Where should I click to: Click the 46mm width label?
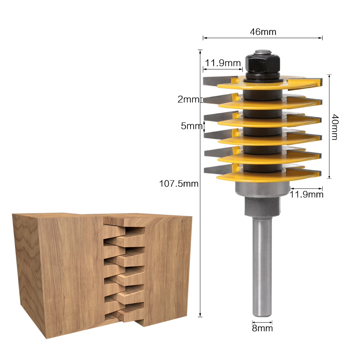point(263,32)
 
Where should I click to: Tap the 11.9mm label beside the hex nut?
point(223,63)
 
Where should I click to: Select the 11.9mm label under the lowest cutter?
point(306,195)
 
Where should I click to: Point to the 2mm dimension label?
point(188,100)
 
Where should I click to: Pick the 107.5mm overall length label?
point(179,183)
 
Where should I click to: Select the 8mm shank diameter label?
point(262,328)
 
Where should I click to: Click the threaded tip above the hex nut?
point(262,52)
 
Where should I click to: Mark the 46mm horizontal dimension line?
point(263,38)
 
